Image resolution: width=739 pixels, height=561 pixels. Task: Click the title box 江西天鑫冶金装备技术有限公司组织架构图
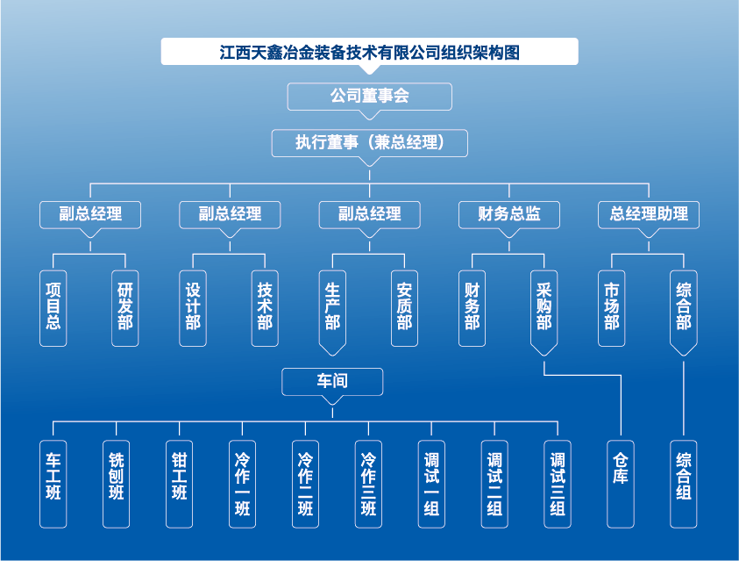369,52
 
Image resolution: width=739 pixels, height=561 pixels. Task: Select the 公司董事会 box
369,96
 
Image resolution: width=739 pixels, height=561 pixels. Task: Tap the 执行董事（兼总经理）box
369,142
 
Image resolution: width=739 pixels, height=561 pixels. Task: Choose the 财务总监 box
508,214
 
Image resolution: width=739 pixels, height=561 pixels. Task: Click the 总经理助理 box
649,214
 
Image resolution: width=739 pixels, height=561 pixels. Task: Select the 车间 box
332,381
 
